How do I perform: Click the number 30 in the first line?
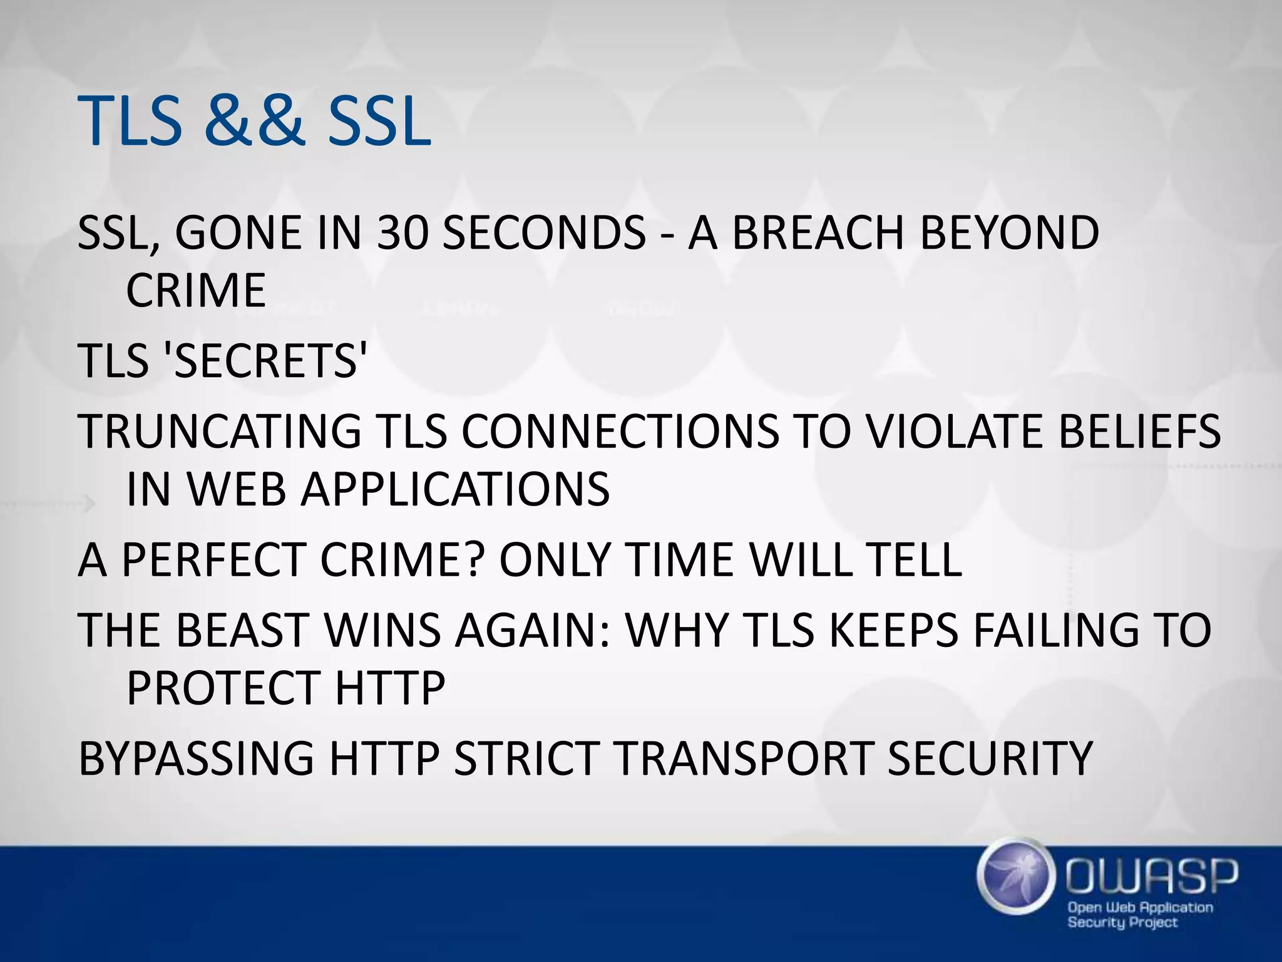(403, 233)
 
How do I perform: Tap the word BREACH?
(818, 233)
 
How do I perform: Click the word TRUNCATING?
(220, 432)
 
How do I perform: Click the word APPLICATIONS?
(454, 489)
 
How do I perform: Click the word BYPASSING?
(196, 758)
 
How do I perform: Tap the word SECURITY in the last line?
(989, 758)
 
